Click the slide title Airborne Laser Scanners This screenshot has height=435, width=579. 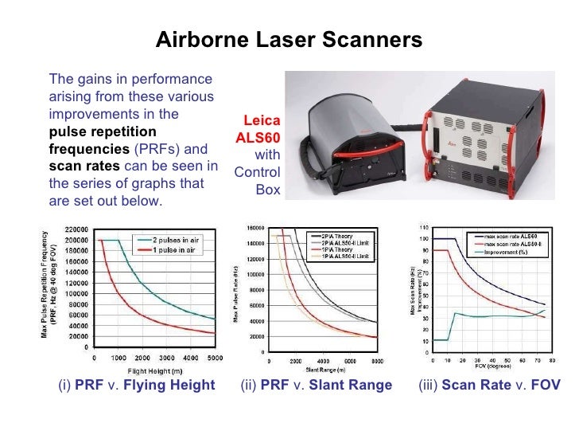pos(289,40)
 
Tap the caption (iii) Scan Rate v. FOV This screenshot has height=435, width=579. pos(488,386)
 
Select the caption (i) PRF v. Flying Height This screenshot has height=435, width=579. pos(137,386)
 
